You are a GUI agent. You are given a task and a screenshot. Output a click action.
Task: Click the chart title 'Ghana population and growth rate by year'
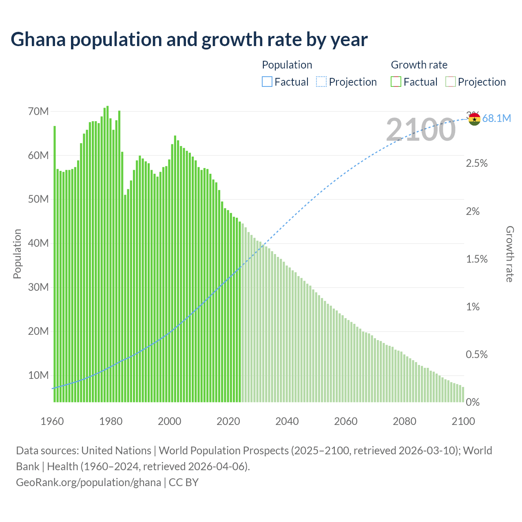pyautogui.click(x=189, y=40)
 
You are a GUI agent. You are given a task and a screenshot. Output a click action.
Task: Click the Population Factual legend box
pyautogui.click(x=267, y=82)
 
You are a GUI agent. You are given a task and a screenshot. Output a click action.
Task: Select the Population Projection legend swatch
pyautogui.click(x=321, y=82)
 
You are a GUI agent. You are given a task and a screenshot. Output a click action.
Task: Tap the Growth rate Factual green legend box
pyautogui.click(x=396, y=82)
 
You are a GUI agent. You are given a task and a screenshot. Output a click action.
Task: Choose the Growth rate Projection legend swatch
pyautogui.click(x=450, y=82)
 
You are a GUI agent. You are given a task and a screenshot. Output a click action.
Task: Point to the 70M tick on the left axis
pyautogui.click(x=38, y=111)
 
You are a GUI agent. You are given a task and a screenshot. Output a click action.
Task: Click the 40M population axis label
pyautogui.click(x=38, y=243)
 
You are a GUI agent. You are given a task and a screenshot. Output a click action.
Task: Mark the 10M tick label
pyautogui.click(x=38, y=375)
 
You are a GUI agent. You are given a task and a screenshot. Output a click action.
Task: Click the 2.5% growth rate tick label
pyautogui.click(x=477, y=163)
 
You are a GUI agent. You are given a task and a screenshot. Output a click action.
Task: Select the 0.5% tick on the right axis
pyautogui.click(x=477, y=354)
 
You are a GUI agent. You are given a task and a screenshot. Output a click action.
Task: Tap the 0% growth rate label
pyautogui.click(x=473, y=402)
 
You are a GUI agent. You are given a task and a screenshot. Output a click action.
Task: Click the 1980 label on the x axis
pyautogui.click(x=111, y=421)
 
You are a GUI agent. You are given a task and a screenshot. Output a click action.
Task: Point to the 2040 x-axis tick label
pyautogui.click(x=287, y=421)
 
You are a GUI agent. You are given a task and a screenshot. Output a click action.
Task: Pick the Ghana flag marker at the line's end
pyautogui.click(x=474, y=119)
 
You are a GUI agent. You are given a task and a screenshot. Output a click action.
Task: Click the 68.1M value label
pyautogui.click(x=496, y=118)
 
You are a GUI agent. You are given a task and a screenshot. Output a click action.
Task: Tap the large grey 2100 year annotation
pyautogui.click(x=420, y=130)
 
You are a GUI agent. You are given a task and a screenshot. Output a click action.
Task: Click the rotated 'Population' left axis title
pyautogui.click(x=17, y=254)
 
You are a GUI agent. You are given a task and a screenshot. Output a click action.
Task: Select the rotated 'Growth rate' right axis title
pyautogui.click(x=509, y=254)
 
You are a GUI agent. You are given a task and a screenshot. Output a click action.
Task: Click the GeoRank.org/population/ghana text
pyautogui.click(x=88, y=482)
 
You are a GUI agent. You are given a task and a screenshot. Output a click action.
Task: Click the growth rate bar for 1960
pyautogui.click(x=55, y=265)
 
